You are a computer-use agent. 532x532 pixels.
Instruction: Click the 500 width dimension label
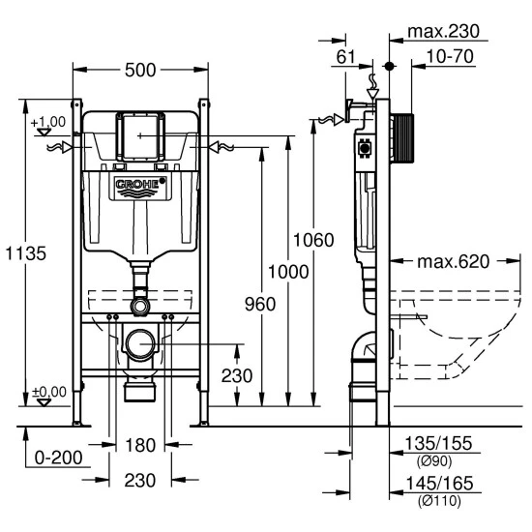point(140,71)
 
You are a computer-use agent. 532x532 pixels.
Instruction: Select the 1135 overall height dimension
point(26,253)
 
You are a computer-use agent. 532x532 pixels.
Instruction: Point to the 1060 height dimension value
point(313,240)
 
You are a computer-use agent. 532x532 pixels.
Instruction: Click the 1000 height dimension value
point(288,272)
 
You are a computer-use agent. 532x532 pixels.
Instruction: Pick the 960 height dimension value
point(260,304)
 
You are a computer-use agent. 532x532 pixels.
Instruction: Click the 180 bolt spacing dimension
point(140,445)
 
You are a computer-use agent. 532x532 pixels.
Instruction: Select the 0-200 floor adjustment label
point(58,458)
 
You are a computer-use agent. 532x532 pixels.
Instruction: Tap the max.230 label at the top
point(443,32)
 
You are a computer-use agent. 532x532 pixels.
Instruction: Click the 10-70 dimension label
point(450,56)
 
